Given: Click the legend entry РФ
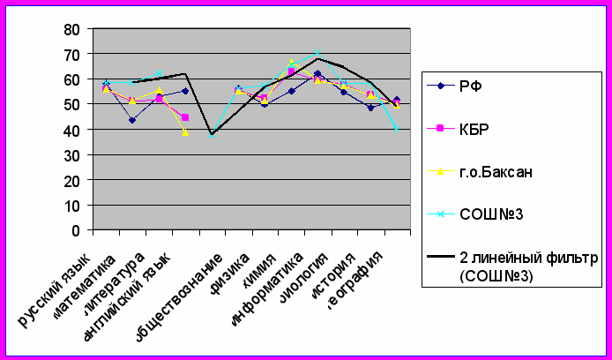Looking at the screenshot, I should tap(469, 86).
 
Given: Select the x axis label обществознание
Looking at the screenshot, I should tap(182, 295).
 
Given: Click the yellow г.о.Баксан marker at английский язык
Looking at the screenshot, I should tap(185, 132).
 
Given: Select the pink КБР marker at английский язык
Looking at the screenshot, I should tap(185, 117).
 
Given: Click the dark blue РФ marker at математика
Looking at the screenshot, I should tap(132, 120).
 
